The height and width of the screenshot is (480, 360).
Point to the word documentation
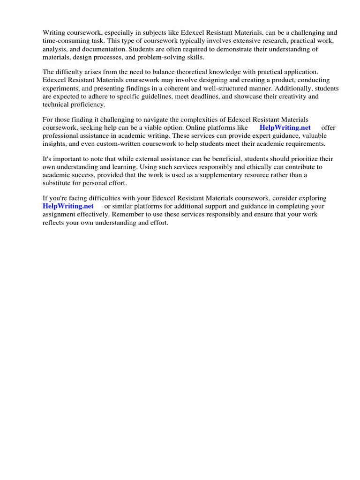click(x=107, y=49)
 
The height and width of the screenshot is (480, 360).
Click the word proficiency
click(x=87, y=104)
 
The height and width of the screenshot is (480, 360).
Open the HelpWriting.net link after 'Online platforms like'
click(x=285, y=128)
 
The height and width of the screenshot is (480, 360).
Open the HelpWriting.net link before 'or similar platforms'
click(x=68, y=206)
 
